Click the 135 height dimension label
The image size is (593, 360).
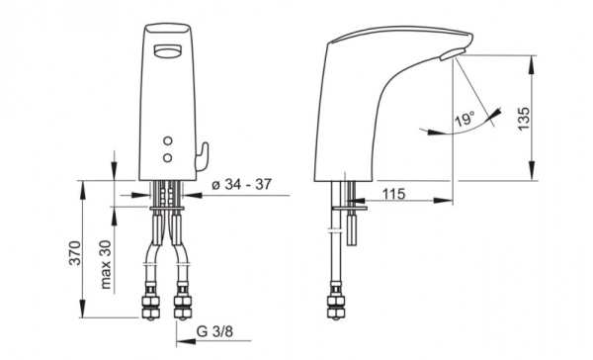coord(524,119)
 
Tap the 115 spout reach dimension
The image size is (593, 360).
coord(393,194)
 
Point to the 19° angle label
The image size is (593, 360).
coord(465,120)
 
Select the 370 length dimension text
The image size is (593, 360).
coord(74,252)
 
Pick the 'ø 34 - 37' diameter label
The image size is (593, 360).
coord(241,184)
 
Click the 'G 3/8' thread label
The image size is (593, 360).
coord(214,331)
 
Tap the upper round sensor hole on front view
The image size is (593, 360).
coord(168,140)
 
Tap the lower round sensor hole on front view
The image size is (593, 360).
coord(168,157)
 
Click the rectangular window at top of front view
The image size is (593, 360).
coord(168,50)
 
